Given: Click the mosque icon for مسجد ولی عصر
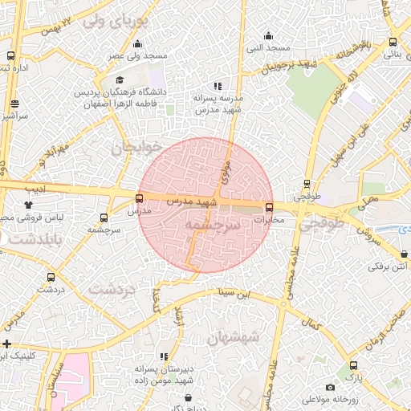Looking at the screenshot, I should pos(138,44).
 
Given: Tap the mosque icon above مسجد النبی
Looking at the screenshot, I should pos(268,35).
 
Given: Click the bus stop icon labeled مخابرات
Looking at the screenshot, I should pos(268,206).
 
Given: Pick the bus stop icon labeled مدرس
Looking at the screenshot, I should pos(140,198).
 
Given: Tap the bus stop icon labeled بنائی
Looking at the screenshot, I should pos(393,43).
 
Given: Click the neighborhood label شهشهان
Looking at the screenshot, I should pos(232,338).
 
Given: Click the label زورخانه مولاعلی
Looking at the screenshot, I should pos(328,399).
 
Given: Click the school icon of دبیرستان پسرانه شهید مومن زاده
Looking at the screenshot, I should pos(164,356).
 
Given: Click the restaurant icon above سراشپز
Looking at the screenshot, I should pos(15,104).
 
